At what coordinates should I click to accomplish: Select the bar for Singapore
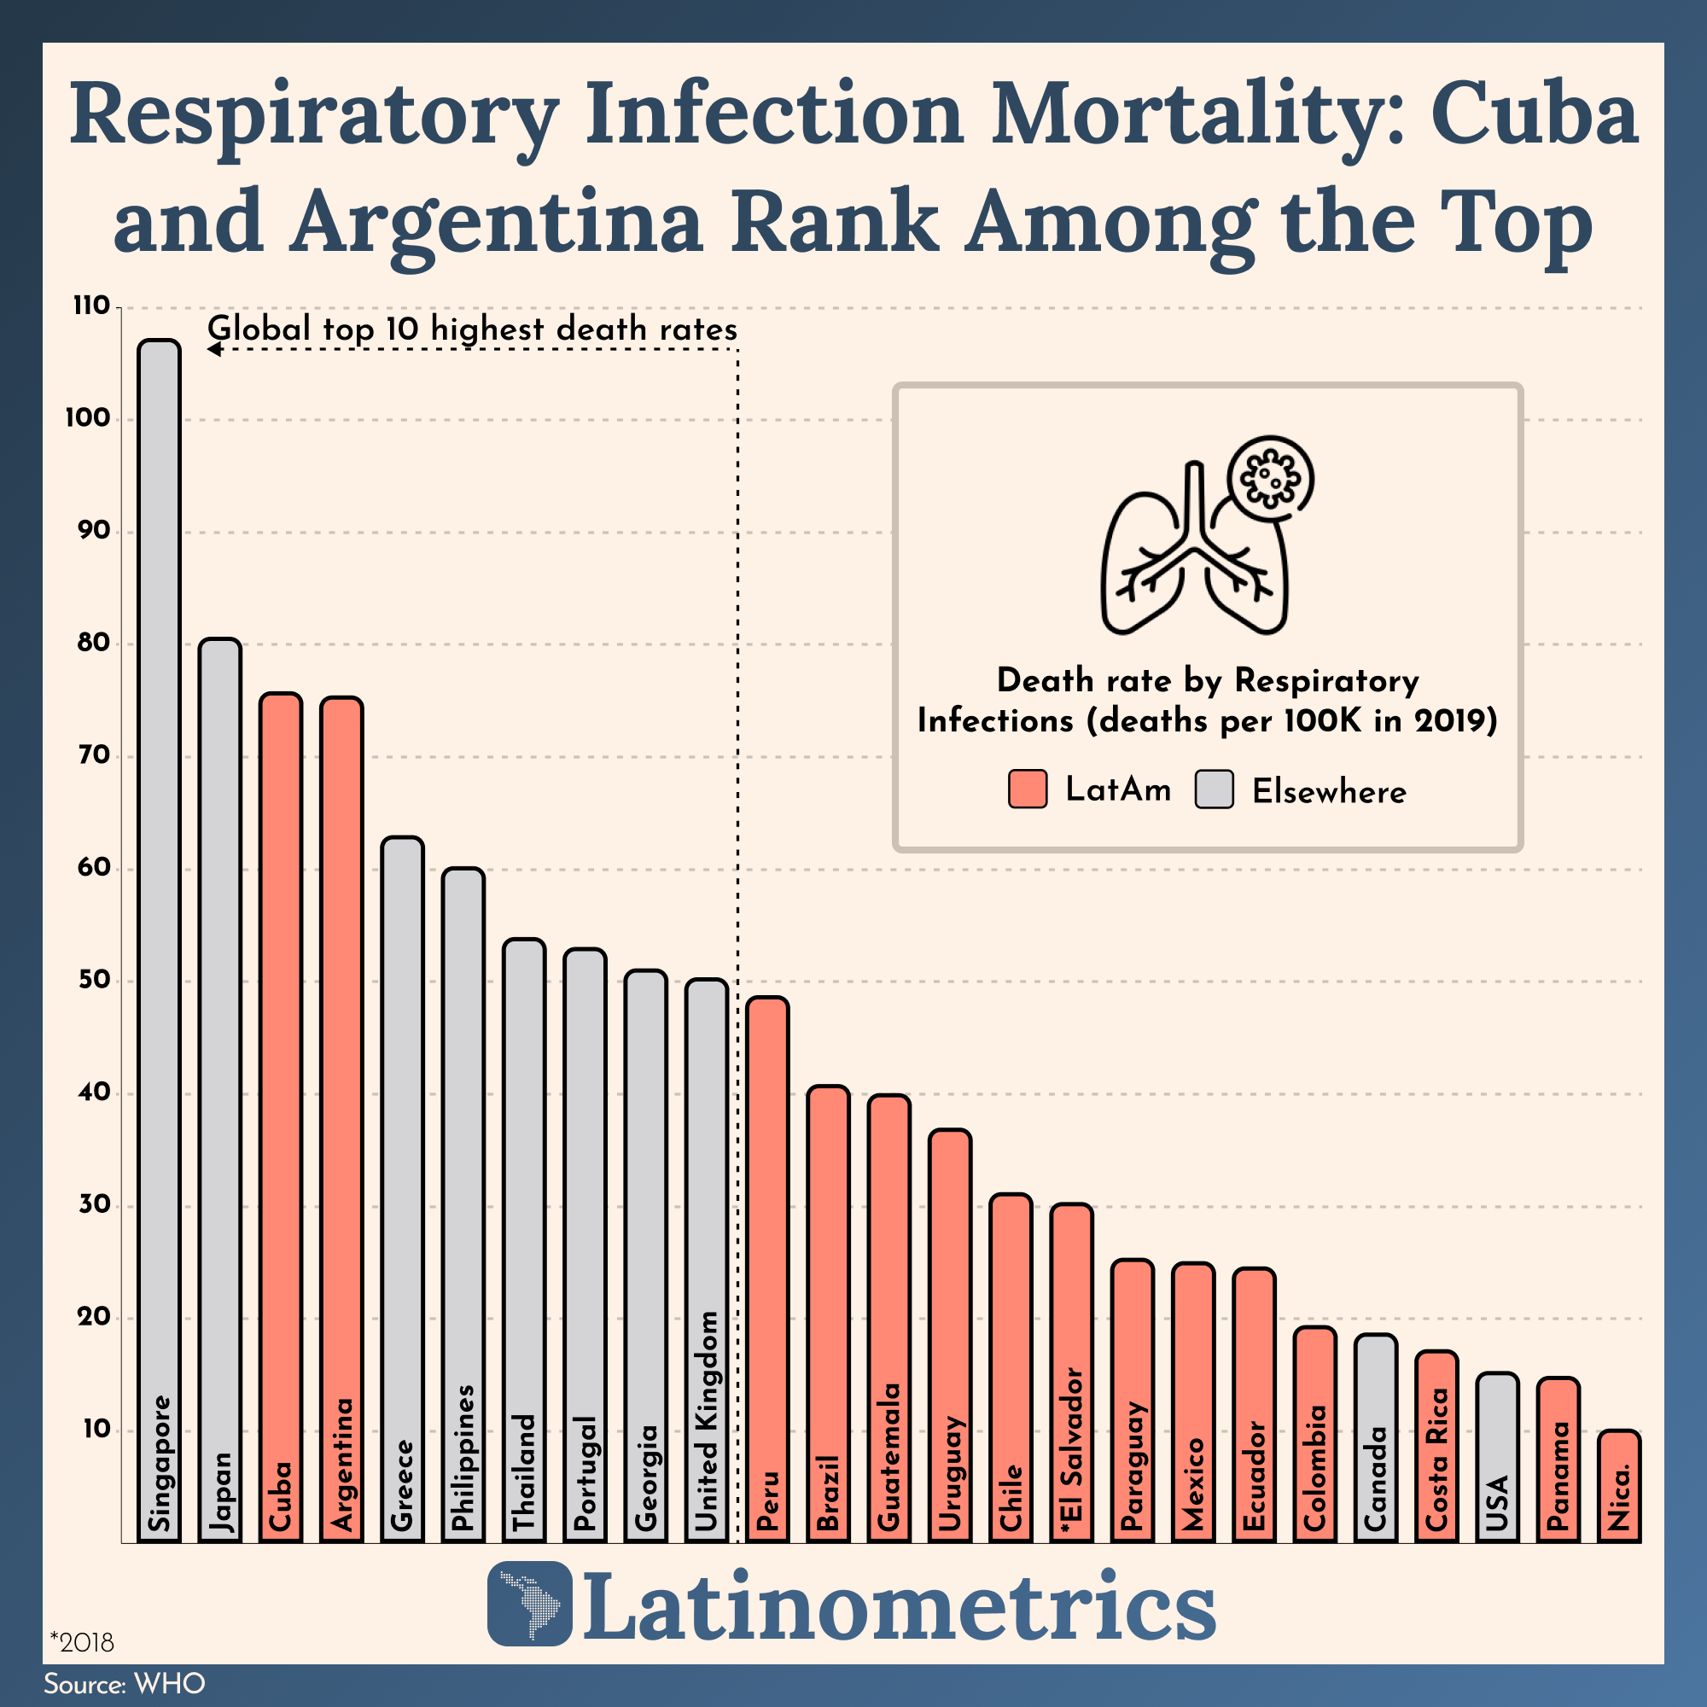tap(159, 883)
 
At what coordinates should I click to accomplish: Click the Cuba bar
tap(280, 1060)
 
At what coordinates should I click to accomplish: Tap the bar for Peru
tap(767, 1237)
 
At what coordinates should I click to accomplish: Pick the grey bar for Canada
tap(1375, 1413)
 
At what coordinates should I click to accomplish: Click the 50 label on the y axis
tap(92, 981)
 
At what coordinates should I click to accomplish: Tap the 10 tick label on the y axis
tap(96, 1430)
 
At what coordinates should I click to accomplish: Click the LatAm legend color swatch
tap(1028, 789)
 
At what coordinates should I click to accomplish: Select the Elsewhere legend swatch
tap(1214, 789)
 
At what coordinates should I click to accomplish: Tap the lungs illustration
tap(1184, 566)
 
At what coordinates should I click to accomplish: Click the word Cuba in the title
tap(1535, 116)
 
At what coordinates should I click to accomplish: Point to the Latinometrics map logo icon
tap(530, 1604)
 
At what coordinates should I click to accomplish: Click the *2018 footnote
tap(82, 1642)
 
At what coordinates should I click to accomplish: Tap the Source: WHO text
tap(125, 1684)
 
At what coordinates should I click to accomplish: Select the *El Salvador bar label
tap(1071, 1449)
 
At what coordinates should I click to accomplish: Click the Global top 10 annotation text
tap(472, 329)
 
